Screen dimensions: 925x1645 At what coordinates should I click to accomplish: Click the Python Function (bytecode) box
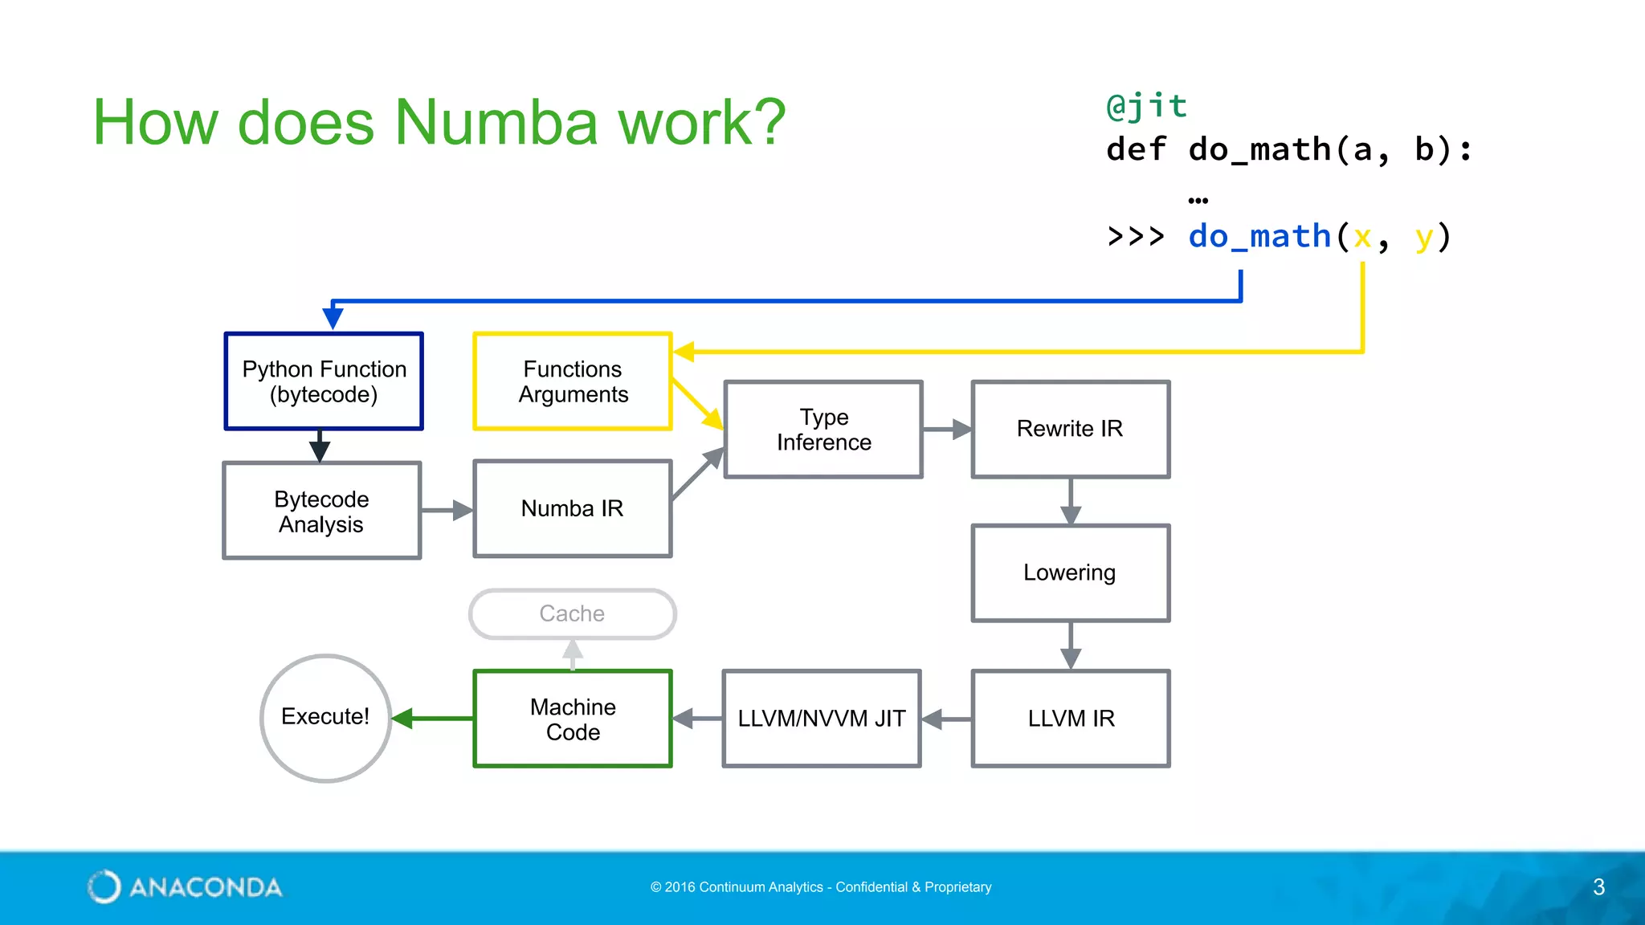pyautogui.click(x=324, y=381)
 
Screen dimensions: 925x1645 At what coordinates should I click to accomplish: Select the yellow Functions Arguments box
pyautogui.click(x=573, y=381)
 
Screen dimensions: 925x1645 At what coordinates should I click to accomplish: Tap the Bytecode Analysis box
pyautogui.click(x=321, y=511)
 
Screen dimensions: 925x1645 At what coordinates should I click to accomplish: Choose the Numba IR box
pyautogui.click(x=572, y=508)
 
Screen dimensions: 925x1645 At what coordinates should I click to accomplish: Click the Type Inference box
pyautogui.click(x=823, y=430)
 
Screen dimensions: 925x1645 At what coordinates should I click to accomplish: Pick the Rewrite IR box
pyautogui.click(x=1070, y=429)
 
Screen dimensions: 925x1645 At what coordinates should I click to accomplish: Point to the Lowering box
pyautogui.click(x=1070, y=573)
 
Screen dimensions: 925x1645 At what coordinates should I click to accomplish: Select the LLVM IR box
pyautogui.click(x=1070, y=718)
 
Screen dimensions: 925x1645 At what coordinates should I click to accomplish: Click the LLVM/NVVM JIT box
pyautogui.click(x=821, y=718)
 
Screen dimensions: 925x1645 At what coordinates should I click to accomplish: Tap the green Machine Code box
pyautogui.click(x=573, y=719)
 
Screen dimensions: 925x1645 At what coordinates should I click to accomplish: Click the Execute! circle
pyautogui.click(x=325, y=717)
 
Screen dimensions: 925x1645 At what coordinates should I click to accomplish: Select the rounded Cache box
pyautogui.click(x=572, y=613)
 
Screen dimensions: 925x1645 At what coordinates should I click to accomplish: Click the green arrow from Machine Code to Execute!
pyautogui.click(x=434, y=718)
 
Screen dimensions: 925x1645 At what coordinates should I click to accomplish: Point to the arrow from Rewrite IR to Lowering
pyautogui.click(x=1071, y=502)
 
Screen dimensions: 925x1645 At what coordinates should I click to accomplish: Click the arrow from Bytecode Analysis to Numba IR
pyautogui.click(x=447, y=510)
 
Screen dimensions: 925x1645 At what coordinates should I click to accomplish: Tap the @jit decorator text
pyautogui.click(x=1146, y=106)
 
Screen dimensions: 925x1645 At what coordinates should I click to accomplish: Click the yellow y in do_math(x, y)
pyautogui.click(x=1423, y=237)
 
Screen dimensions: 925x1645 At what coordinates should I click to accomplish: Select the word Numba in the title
pyautogui.click(x=496, y=122)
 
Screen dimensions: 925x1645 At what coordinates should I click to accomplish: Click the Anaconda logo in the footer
pyautogui.click(x=185, y=886)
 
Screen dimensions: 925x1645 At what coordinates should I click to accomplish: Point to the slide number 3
pyautogui.click(x=1598, y=886)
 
